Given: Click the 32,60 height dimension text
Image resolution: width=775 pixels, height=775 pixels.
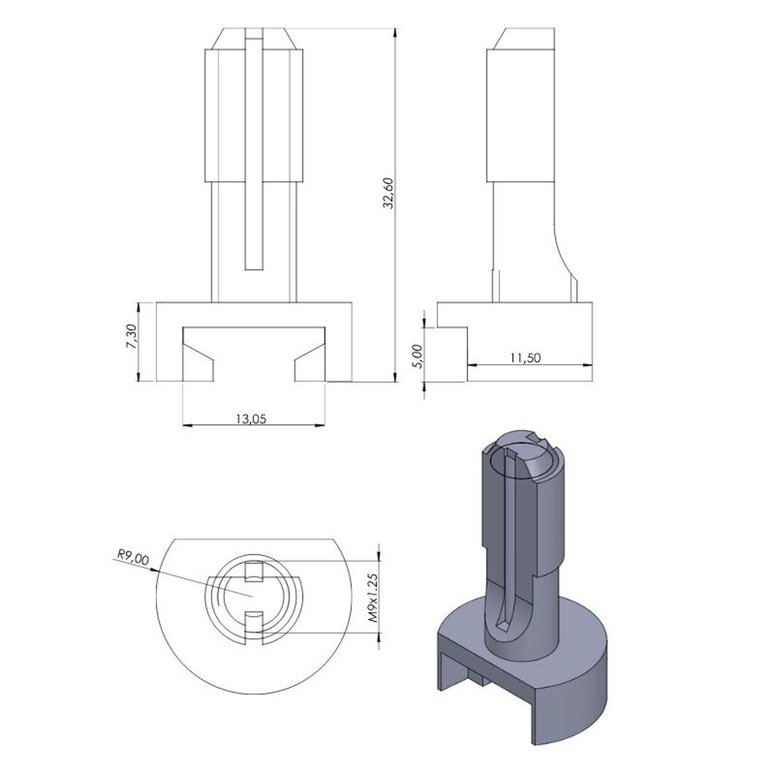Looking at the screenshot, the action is coord(388,193).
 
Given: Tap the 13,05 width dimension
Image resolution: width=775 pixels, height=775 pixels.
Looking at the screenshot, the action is coord(251,418).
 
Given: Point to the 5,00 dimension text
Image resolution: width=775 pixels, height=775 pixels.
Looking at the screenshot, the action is coord(418,356).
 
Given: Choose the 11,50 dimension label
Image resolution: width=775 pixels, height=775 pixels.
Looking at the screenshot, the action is coord(525,357).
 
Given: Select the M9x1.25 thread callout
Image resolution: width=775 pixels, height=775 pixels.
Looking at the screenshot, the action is coord(373,597).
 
